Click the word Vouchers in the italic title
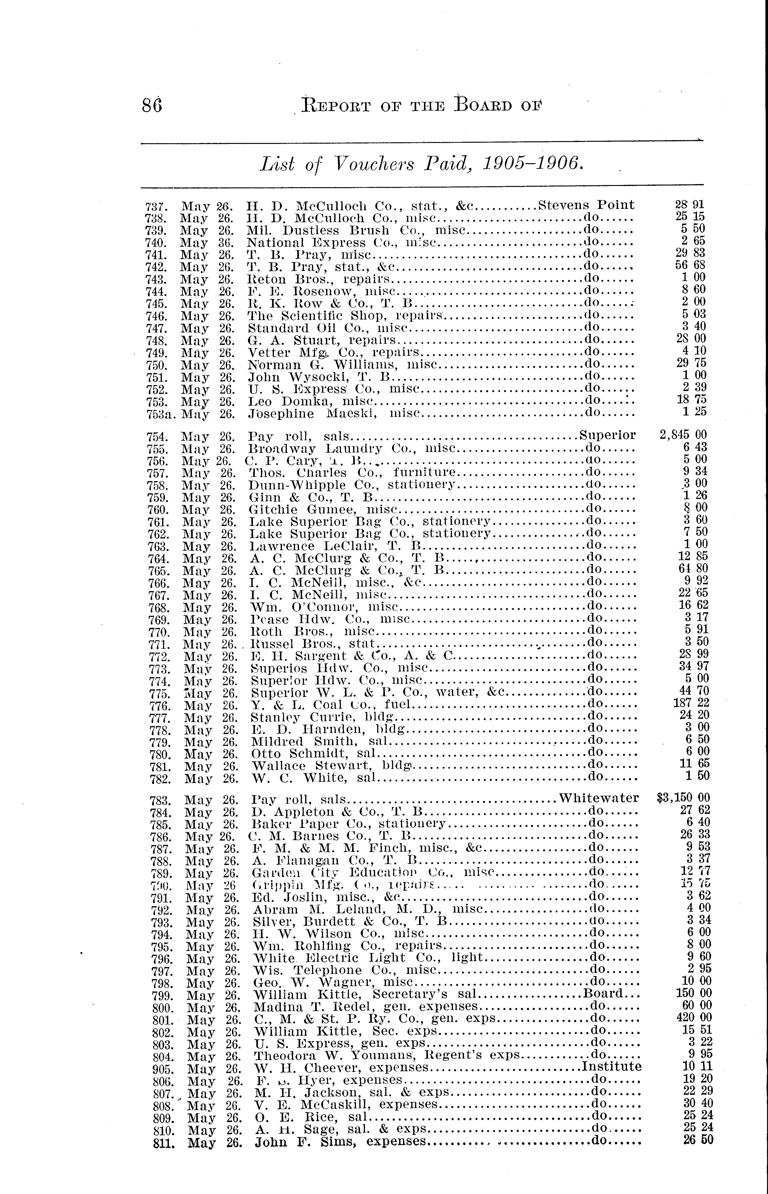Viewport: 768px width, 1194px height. pos(373,164)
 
